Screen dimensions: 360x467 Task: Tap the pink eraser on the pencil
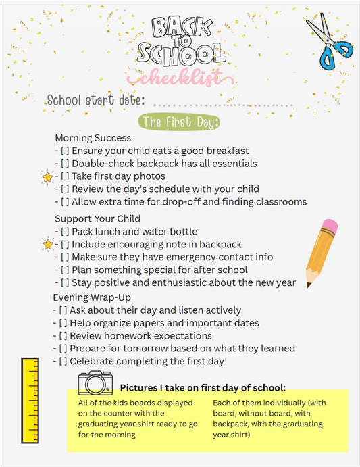click(330, 226)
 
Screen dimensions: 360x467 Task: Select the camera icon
click(95, 383)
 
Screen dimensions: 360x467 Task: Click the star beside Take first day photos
click(47, 177)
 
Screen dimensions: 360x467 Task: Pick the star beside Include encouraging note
click(47, 244)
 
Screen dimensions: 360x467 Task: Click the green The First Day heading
click(179, 122)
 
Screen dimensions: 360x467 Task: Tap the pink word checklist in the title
click(182, 77)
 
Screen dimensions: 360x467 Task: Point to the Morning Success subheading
click(93, 138)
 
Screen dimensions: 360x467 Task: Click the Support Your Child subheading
click(97, 218)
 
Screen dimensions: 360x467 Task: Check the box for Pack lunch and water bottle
click(65, 232)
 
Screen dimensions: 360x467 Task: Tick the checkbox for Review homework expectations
click(63, 336)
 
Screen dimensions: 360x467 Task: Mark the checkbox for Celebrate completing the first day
click(63, 362)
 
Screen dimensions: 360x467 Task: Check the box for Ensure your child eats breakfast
click(65, 151)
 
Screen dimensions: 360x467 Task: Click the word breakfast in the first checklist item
click(225, 151)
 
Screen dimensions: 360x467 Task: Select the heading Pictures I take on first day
click(203, 388)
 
